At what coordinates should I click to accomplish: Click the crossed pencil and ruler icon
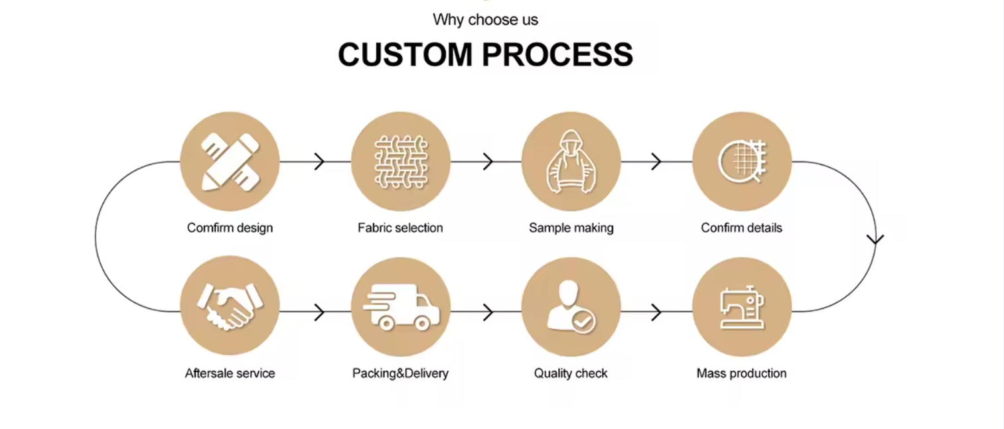[x=230, y=162]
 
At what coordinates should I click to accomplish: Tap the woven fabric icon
[x=401, y=162]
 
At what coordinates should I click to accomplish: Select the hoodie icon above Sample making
[x=571, y=162]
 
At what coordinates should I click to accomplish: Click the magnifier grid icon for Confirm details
[x=742, y=162]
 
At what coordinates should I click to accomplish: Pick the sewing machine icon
[x=742, y=307]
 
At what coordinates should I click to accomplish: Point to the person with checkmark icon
[x=571, y=307]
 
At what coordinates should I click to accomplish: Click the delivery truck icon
[x=401, y=307]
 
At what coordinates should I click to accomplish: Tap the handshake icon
[x=230, y=307]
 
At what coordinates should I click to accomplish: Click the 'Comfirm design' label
[x=230, y=228]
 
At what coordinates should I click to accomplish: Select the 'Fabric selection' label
[x=400, y=228]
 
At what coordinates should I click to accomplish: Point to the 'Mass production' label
[x=741, y=373]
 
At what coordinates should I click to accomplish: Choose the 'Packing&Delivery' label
[x=400, y=373]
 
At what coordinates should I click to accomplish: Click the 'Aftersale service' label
[x=230, y=373]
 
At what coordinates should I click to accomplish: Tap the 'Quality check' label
[x=571, y=373]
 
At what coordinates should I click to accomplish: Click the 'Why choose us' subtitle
[x=485, y=20]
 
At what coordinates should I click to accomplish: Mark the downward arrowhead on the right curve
[x=876, y=239]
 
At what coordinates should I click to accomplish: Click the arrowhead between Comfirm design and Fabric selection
[x=320, y=161]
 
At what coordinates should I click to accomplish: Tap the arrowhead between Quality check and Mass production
[x=657, y=312]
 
